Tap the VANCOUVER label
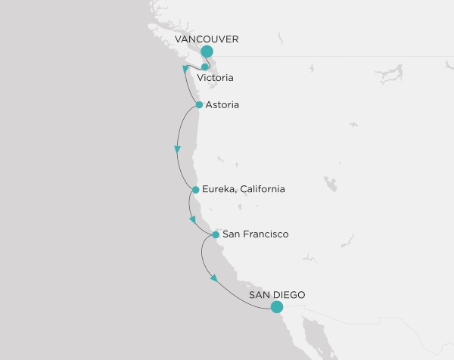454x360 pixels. coord(207,38)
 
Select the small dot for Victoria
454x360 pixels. coord(205,67)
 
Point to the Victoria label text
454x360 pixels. coord(214,78)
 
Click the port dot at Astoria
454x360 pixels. coord(199,105)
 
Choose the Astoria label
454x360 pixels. coord(222,104)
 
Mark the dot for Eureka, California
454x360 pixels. coord(196,190)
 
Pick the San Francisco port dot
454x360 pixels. coord(216,234)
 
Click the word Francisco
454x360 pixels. coord(265,234)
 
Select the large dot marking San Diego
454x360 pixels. coord(277,307)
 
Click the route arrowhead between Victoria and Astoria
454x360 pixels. coord(186,70)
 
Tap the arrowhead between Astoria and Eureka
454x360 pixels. coord(177,150)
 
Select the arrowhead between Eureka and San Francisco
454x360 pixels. coord(193,220)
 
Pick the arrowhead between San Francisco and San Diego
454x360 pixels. coord(214,278)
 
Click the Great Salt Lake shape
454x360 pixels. coord(330,184)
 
